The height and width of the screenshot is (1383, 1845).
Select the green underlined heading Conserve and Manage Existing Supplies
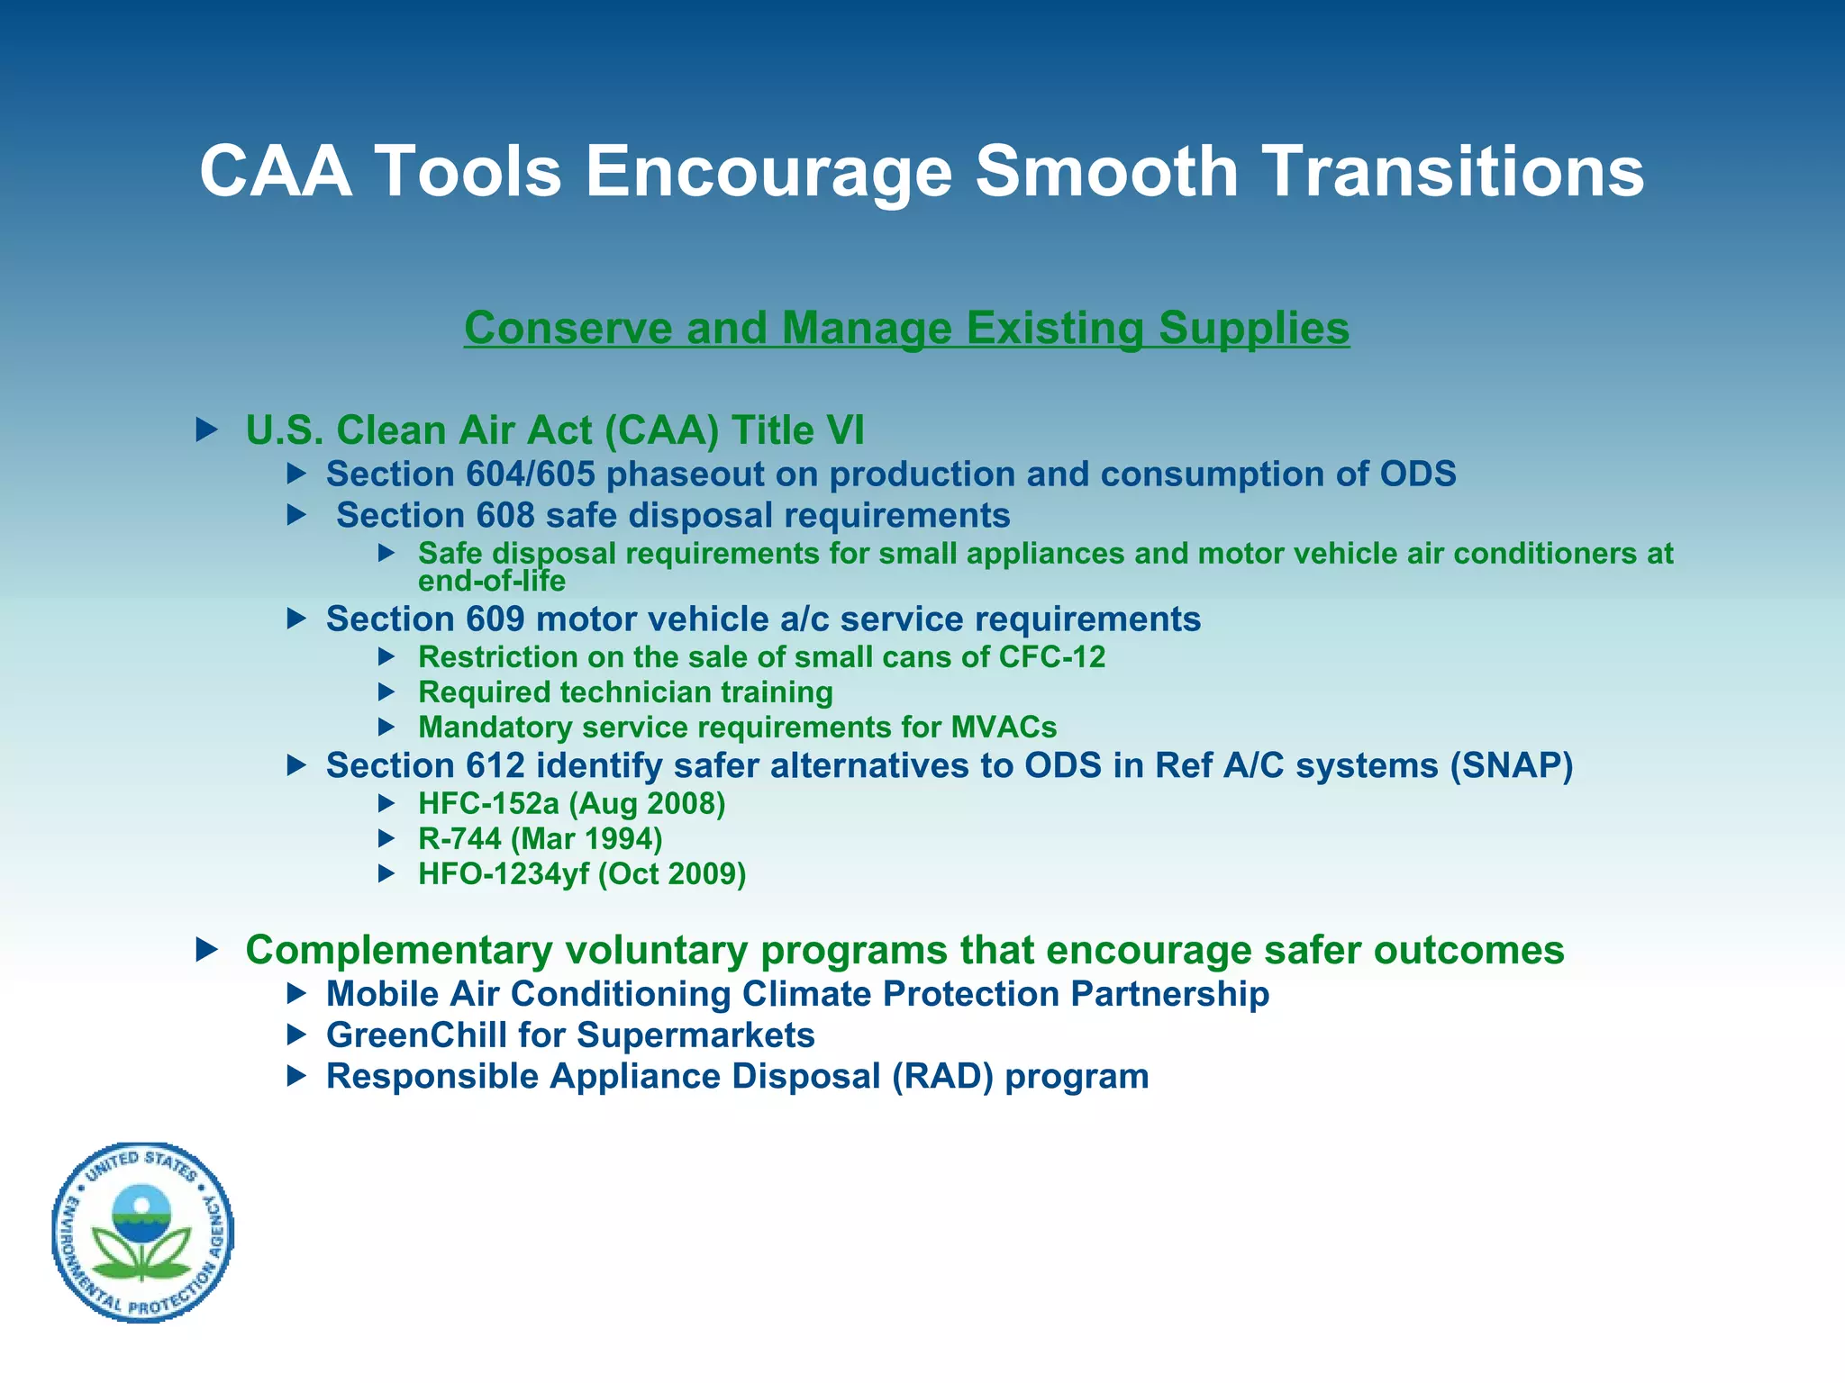pyautogui.click(x=906, y=328)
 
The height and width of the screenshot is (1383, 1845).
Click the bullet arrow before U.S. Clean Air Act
pyautogui.click(x=207, y=429)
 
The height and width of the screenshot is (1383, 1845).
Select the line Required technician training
pyautogui.click(x=625, y=692)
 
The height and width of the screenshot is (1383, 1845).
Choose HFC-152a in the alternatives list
pyautogui.click(x=488, y=803)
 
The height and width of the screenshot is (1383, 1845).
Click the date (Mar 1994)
pyautogui.click(x=586, y=839)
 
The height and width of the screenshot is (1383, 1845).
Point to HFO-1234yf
pyautogui.click(x=503, y=874)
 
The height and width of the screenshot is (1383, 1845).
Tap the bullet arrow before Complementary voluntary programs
pyautogui.click(x=207, y=949)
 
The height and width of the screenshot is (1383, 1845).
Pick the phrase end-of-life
pyautogui.click(x=491, y=582)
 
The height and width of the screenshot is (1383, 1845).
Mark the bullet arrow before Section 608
pyautogui.click(x=296, y=515)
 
